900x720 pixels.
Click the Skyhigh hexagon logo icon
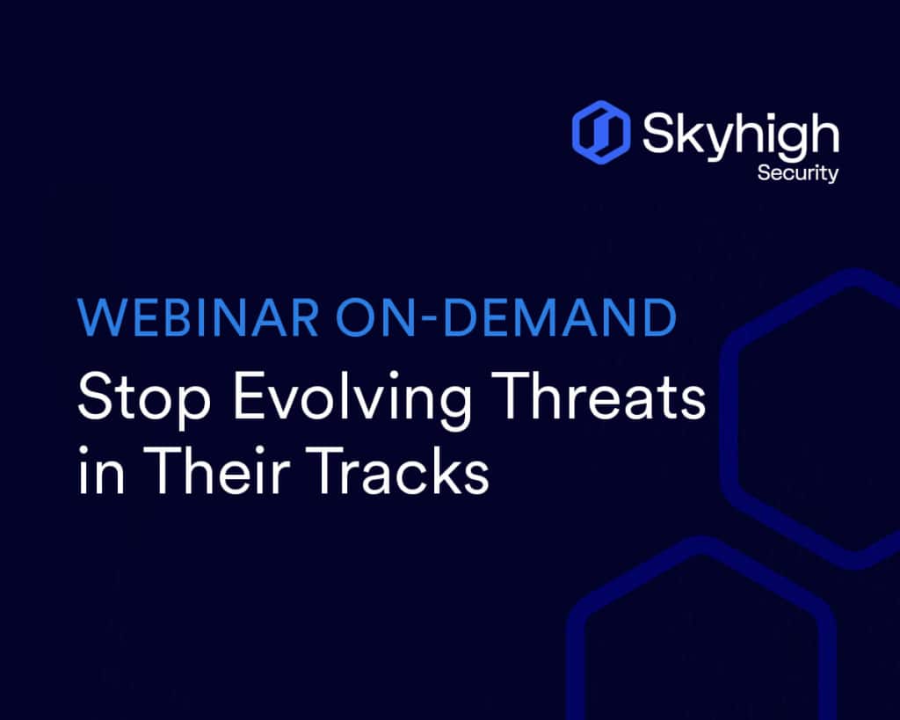(601, 132)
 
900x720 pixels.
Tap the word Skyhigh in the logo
(740, 136)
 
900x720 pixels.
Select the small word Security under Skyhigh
(798, 173)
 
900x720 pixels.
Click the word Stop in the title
(144, 397)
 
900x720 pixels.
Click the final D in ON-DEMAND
(659, 317)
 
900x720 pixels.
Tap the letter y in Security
(832, 176)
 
